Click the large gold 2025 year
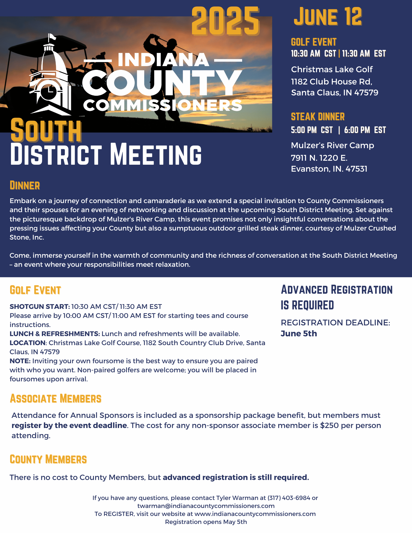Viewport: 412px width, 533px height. (x=225, y=21)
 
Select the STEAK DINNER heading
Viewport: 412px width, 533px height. (x=318, y=117)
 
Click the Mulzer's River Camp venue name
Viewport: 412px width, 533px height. (x=332, y=145)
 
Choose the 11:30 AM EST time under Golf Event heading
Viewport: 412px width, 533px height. (x=364, y=54)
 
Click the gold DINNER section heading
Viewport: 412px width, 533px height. (x=25, y=185)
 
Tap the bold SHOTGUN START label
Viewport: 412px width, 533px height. (x=40, y=306)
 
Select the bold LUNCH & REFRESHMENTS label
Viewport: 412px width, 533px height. (x=55, y=334)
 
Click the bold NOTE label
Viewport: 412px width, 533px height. (x=20, y=361)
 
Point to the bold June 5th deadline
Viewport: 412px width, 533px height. (x=299, y=333)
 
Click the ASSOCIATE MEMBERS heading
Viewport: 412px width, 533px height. (x=56, y=399)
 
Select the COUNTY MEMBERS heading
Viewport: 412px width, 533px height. (x=48, y=459)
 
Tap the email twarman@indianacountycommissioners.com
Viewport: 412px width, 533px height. (x=206, y=506)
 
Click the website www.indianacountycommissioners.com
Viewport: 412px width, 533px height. (x=255, y=514)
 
